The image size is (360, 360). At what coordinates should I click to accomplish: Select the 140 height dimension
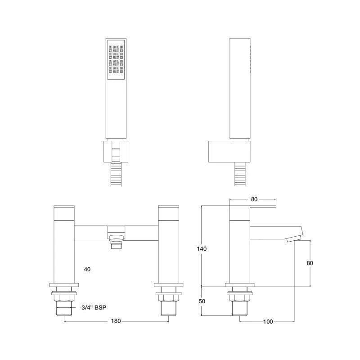pyautogui.click(x=201, y=248)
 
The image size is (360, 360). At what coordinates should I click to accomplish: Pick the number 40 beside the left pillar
pyautogui.click(x=87, y=269)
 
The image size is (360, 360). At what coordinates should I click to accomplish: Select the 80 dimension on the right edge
pyautogui.click(x=310, y=263)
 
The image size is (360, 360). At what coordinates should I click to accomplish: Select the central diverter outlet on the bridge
pyautogui.click(x=117, y=237)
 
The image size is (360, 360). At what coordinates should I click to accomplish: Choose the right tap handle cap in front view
pyautogui.click(x=169, y=212)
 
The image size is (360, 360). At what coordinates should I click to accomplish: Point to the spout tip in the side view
pyautogui.click(x=295, y=237)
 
